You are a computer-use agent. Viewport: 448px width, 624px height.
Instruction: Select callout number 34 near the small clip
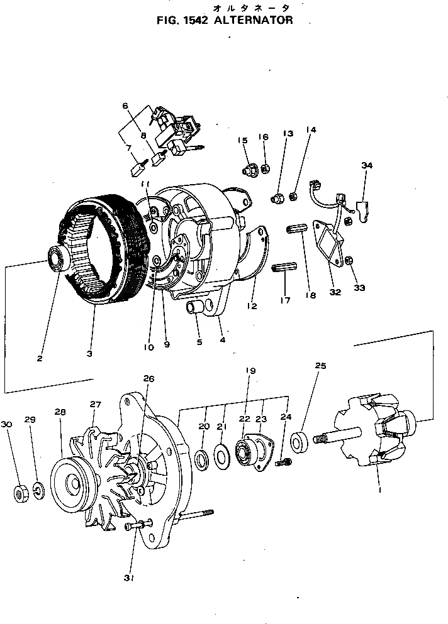367,165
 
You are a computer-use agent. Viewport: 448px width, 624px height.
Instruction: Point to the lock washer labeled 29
38,491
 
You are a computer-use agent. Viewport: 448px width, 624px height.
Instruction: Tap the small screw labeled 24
284,463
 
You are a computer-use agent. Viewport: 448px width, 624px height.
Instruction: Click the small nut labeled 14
293,197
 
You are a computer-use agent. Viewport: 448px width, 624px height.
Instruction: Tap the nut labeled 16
266,168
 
